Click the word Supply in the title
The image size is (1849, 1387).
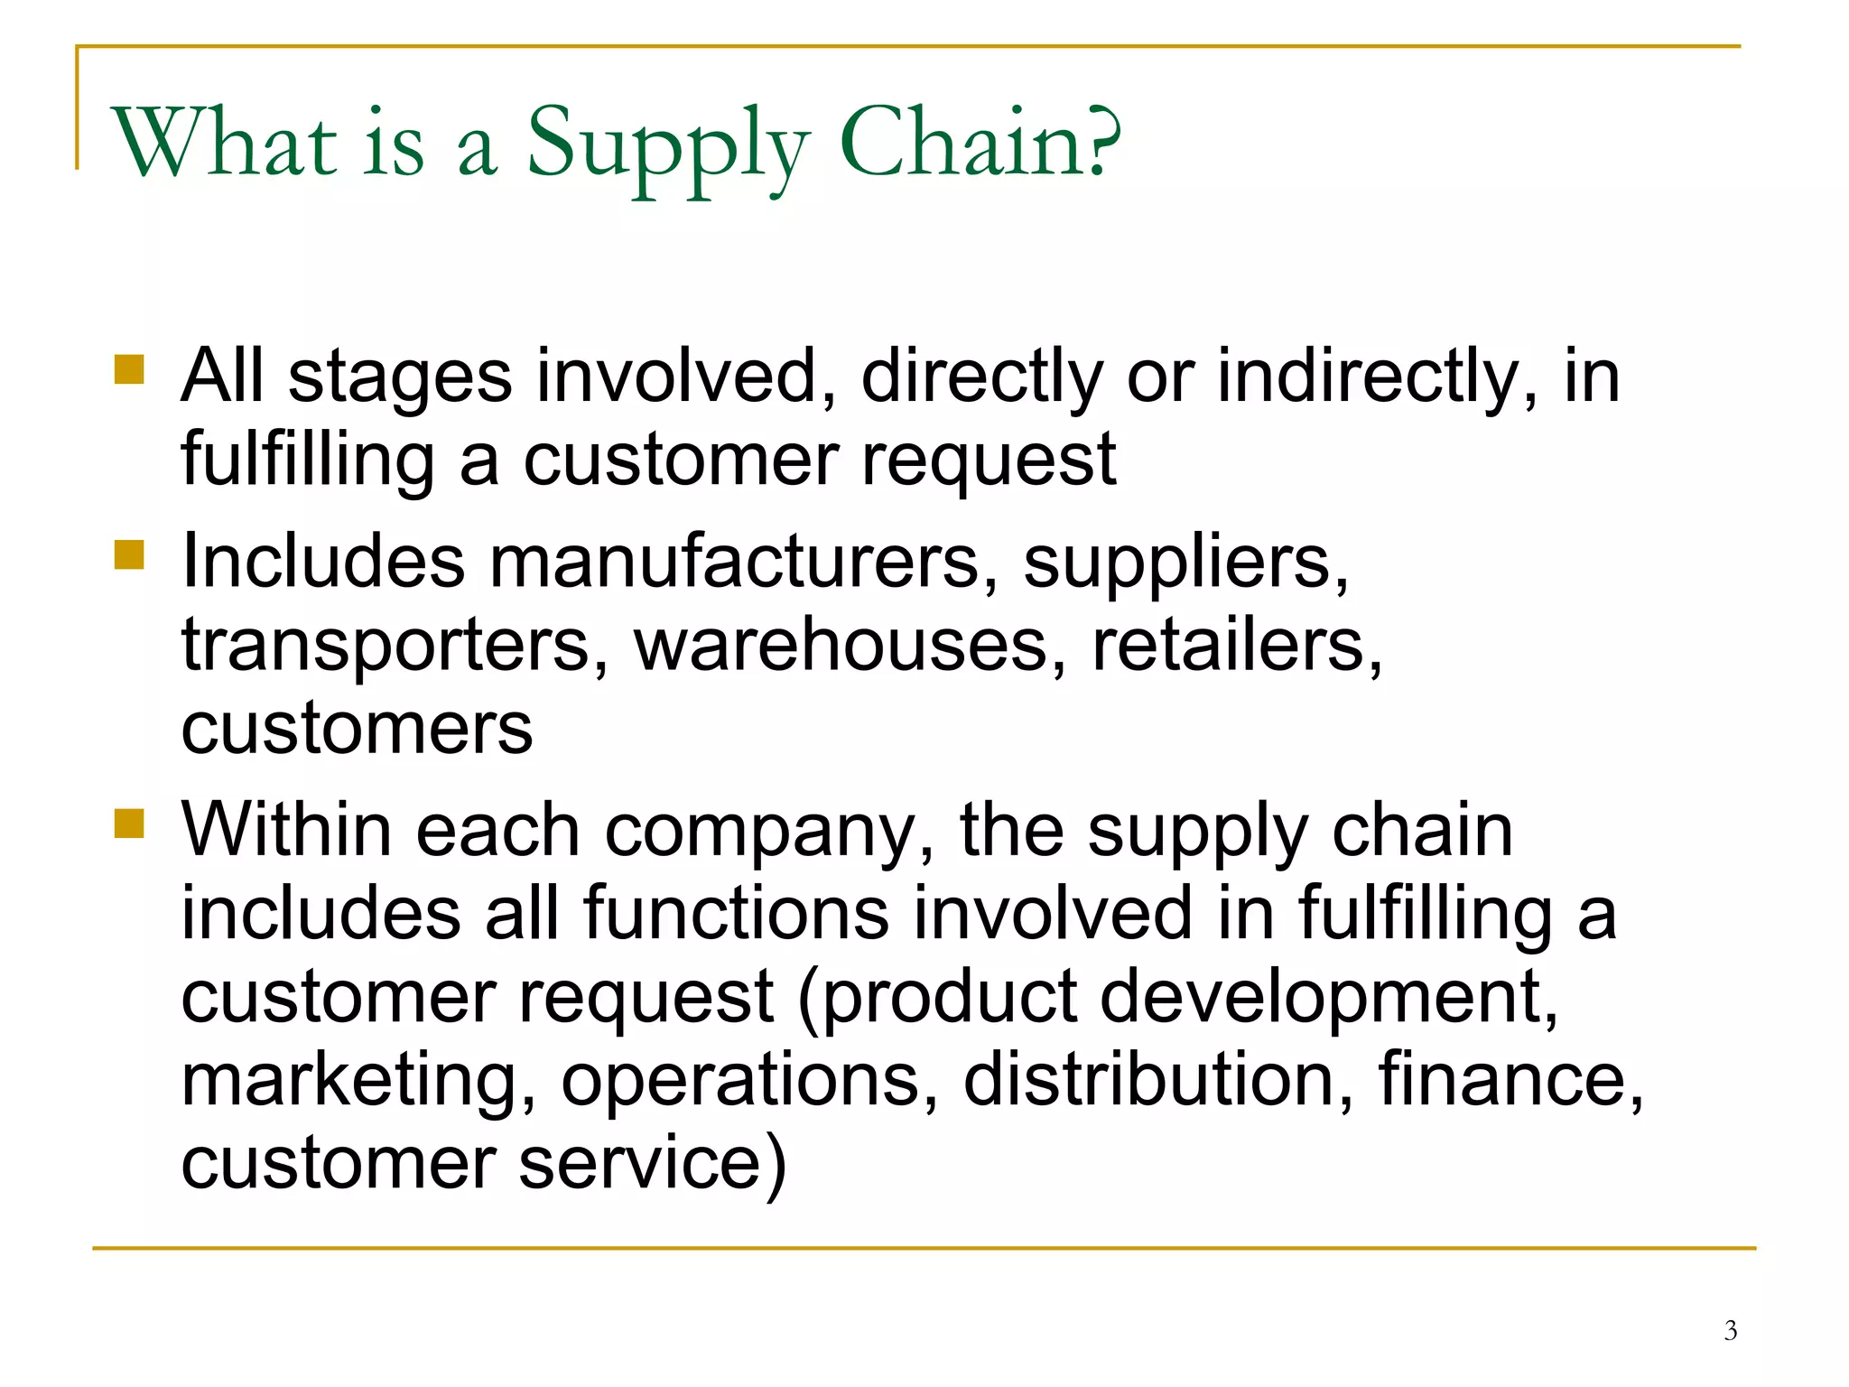pyautogui.click(x=667, y=144)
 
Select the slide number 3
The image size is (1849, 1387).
pyautogui.click(x=1730, y=1330)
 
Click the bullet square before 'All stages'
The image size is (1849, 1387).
pyautogui.click(x=130, y=369)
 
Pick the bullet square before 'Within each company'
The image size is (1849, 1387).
pyautogui.click(x=130, y=823)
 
